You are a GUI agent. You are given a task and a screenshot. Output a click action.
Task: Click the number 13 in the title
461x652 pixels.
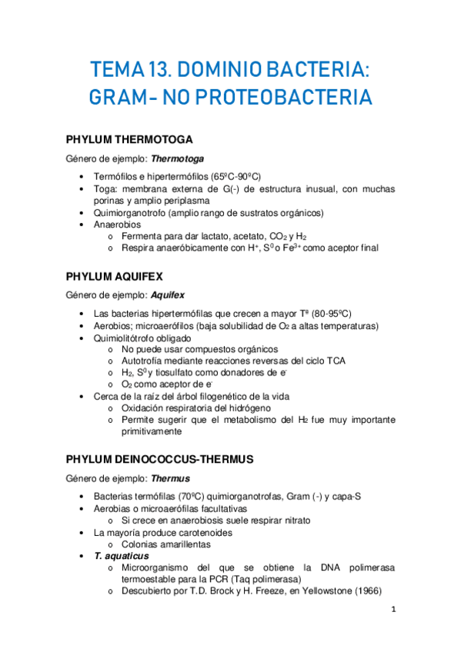click(x=149, y=72)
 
